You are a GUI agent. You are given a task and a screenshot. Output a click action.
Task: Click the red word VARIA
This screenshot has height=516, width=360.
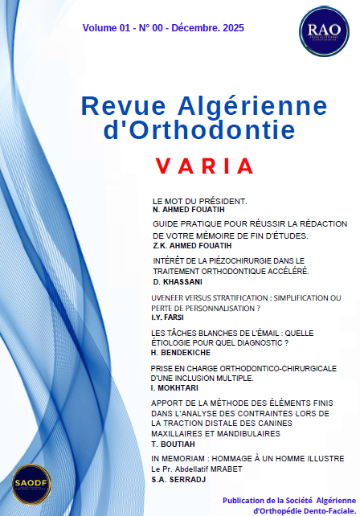(204, 166)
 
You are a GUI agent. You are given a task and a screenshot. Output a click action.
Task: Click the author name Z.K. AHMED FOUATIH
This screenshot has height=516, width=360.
(194, 246)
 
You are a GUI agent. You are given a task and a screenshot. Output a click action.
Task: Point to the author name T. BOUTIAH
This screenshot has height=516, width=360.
(171, 443)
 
